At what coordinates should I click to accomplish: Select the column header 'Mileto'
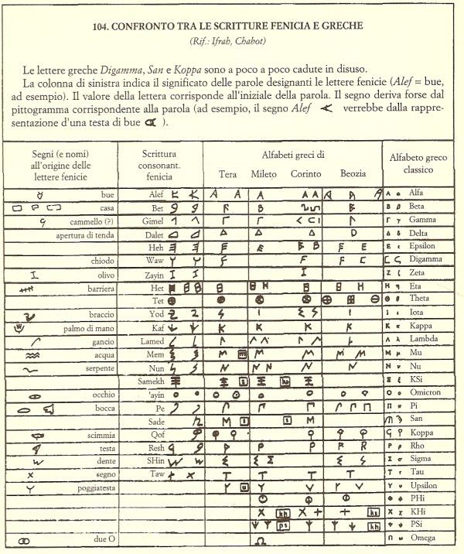264,174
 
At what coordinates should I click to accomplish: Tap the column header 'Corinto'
306,174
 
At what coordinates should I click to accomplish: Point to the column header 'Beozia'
353,174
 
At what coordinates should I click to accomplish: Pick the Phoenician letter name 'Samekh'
155,381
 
